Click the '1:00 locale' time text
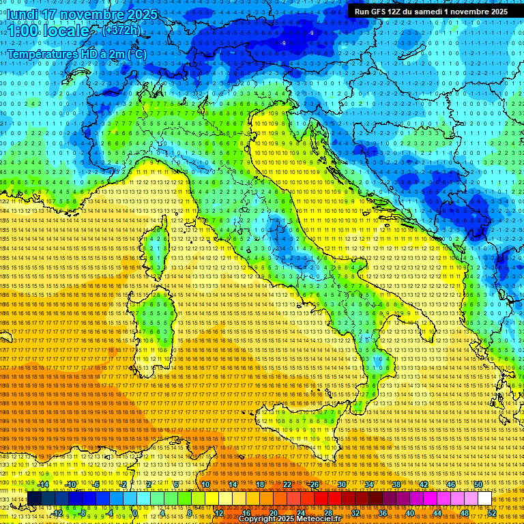click(47, 31)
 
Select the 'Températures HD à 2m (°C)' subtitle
click(76, 53)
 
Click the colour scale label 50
click(478, 484)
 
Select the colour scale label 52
click(492, 513)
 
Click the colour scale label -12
click(57, 513)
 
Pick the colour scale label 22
click(287, 484)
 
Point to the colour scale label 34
click(369, 484)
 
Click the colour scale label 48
click(465, 513)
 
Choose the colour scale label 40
click(410, 513)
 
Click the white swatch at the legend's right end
click(484, 499)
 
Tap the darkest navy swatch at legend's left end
click(34, 499)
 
